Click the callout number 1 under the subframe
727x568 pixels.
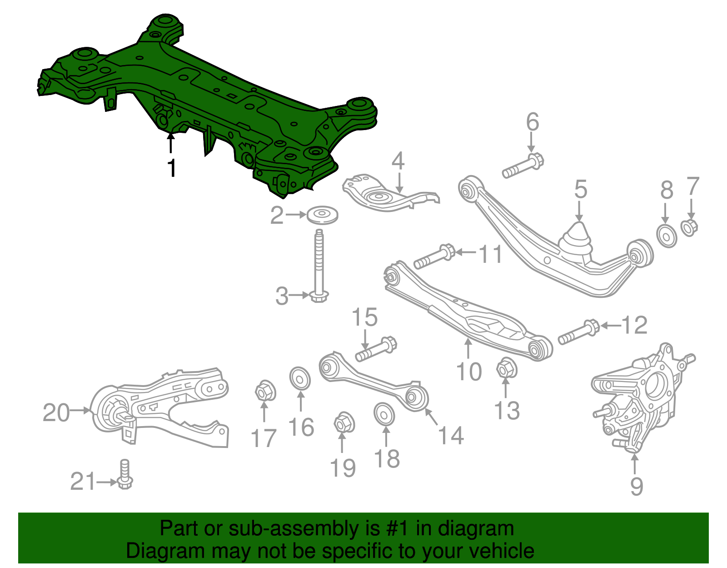coord(171,169)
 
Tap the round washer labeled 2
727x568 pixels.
coord(322,215)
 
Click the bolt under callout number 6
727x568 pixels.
coord(523,166)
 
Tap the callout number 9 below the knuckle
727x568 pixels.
coord(636,487)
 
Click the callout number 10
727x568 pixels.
coord(468,372)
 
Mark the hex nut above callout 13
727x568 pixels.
coord(506,368)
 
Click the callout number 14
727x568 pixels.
coord(450,436)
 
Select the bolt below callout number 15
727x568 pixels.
coord(376,349)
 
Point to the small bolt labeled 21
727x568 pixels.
coord(124,475)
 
